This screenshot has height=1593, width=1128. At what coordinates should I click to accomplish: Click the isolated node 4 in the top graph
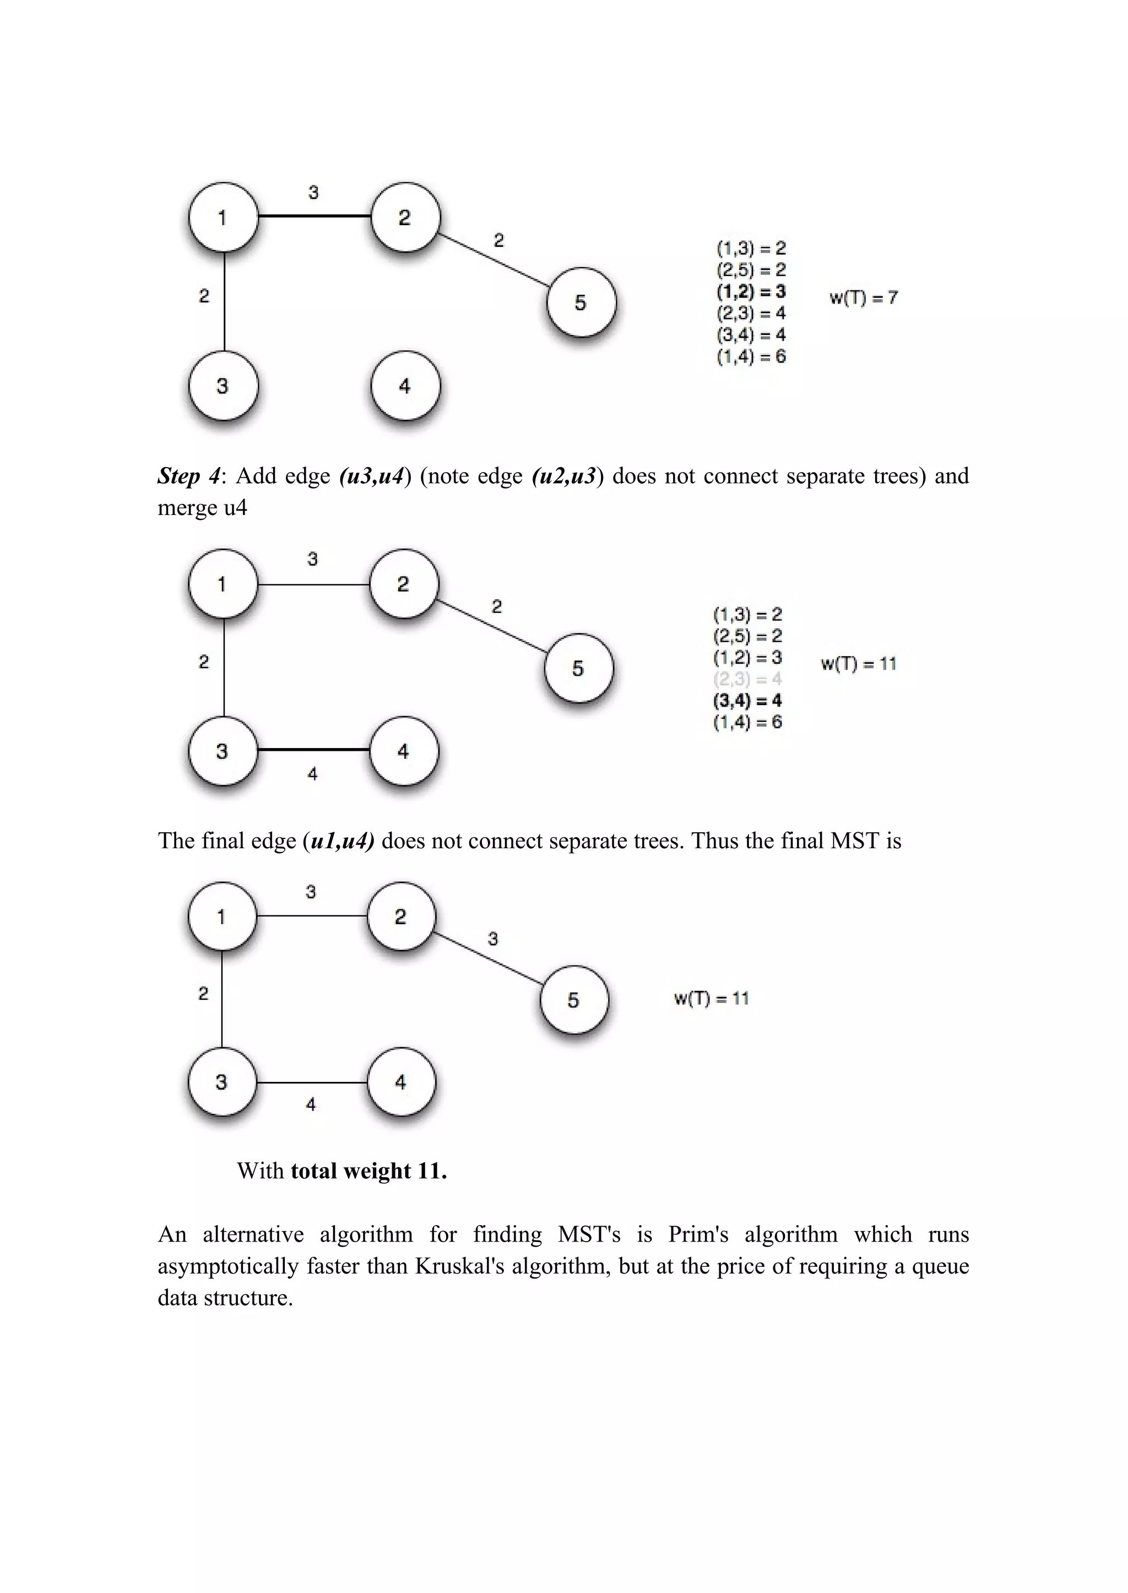(x=405, y=386)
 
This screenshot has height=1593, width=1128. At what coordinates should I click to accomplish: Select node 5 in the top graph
(x=581, y=302)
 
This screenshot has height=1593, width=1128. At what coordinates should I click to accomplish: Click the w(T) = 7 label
(x=864, y=298)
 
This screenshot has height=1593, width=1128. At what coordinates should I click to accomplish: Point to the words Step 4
(x=188, y=476)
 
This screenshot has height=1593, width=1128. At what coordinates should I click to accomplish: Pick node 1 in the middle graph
(x=223, y=583)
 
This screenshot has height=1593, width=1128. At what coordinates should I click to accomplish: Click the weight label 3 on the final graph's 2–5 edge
(x=493, y=939)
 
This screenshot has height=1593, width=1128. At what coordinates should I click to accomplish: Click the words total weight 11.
(x=368, y=1171)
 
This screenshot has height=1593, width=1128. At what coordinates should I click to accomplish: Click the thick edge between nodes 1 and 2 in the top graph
(x=314, y=216)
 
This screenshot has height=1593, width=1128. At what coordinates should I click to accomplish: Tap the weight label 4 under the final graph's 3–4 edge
(x=311, y=1104)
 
